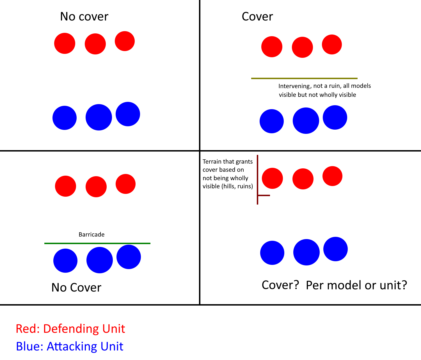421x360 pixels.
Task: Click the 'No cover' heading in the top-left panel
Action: click(x=84, y=17)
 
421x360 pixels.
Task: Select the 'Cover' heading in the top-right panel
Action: click(x=257, y=17)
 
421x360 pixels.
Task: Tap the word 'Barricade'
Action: click(x=91, y=235)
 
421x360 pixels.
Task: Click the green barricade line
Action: click(x=97, y=243)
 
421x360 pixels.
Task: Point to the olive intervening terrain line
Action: click(x=304, y=78)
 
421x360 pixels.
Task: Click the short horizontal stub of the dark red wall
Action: click(x=264, y=195)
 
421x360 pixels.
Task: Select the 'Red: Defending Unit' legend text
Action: click(x=70, y=329)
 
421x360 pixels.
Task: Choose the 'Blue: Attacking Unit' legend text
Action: click(x=70, y=346)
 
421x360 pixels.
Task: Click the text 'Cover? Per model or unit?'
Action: click(x=334, y=285)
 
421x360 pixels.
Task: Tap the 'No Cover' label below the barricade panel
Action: click(x=76, y=288)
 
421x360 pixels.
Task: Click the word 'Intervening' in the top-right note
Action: click(x=294, y=86)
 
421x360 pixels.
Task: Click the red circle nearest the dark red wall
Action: click(x=272, y=178)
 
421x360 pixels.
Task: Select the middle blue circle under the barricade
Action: click(x=99, y=260)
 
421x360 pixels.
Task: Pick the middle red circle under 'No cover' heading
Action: click(x=95, y=44)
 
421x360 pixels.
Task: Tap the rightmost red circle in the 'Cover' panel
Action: click(x=332, y=44)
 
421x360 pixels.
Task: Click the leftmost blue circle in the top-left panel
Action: click(x=65, y=118)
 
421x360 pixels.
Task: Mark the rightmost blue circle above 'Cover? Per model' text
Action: click(x=335, y=249)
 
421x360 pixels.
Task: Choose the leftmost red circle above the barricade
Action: click(x=65, y=186)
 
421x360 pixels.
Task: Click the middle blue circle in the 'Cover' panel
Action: click(x=306, y=121)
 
